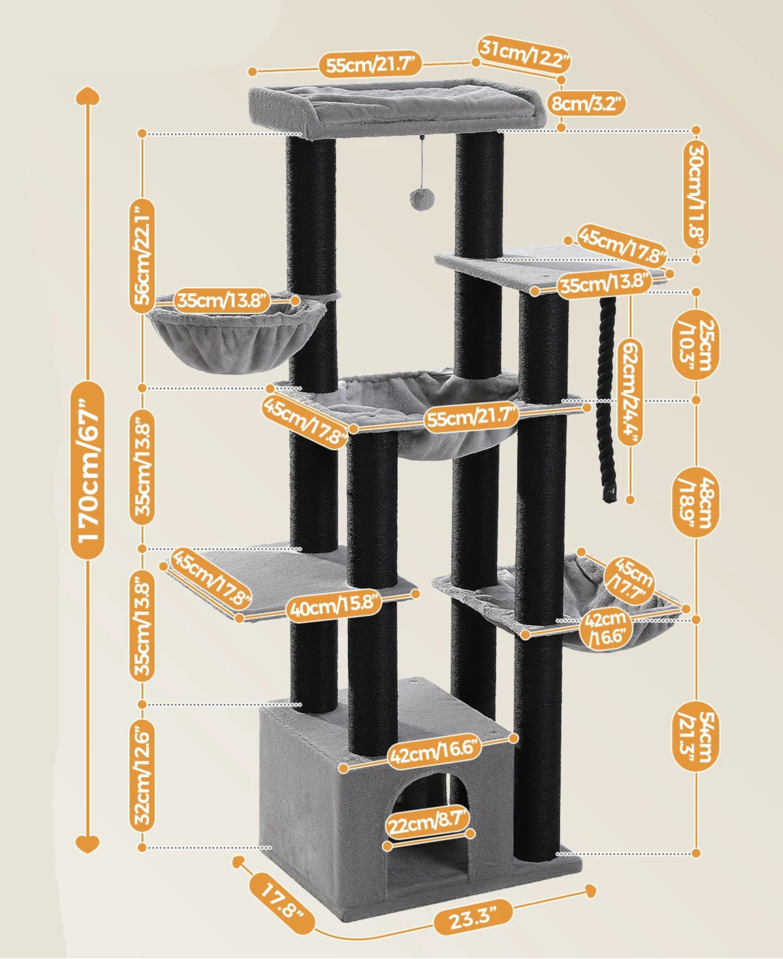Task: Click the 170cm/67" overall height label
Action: pyautogui.click(x=88, y=469)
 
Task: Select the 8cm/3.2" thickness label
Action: pyautogui.click(x=587, y=104)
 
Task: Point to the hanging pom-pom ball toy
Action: pyautogui.click(x=422, y=198)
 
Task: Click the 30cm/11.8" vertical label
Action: pyautogui.click(x=696, y=195)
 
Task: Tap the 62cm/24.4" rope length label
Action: pyautogui.click(x=630, y=392)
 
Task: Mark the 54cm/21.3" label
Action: pyautogui.click(x=696, y=737)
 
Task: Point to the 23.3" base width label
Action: pyautogui.click(x=473, y=908)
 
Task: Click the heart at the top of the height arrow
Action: pyautogui.click(x=88, y=96)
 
